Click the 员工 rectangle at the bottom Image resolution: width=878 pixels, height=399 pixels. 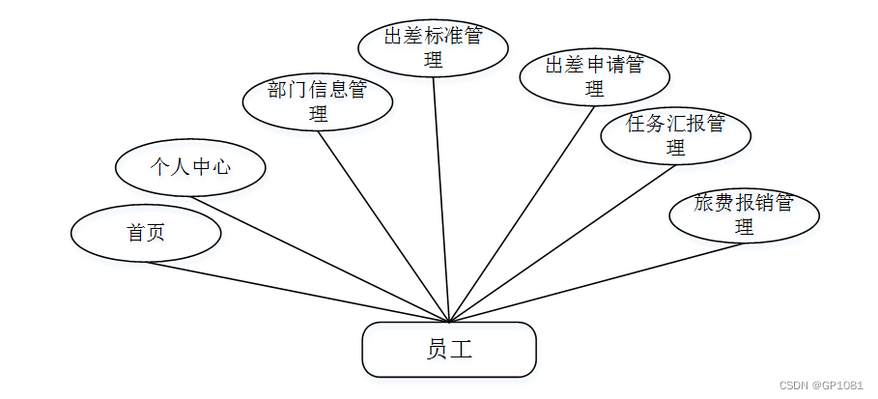click(448, 349)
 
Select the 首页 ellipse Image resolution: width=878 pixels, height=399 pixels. click(147, 233)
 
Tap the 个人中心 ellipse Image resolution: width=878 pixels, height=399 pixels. click(190, 167)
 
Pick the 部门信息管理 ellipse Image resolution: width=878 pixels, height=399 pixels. click(317, 101)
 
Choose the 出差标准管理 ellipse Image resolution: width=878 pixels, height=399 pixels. click(433, 47)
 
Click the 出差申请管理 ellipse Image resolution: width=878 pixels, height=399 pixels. click(594, 76)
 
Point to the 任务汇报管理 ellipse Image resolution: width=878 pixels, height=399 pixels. click(675, 135)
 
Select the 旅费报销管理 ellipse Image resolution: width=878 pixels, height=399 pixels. click(744, 214)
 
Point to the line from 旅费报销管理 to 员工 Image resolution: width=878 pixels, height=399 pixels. click(599, 281)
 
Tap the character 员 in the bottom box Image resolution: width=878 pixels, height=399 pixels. click(437, 349)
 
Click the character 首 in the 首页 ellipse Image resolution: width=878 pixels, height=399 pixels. click(136, 233)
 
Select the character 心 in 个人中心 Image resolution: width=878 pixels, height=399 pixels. click(221, 167)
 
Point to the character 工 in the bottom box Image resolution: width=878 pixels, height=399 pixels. click(461, 349)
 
